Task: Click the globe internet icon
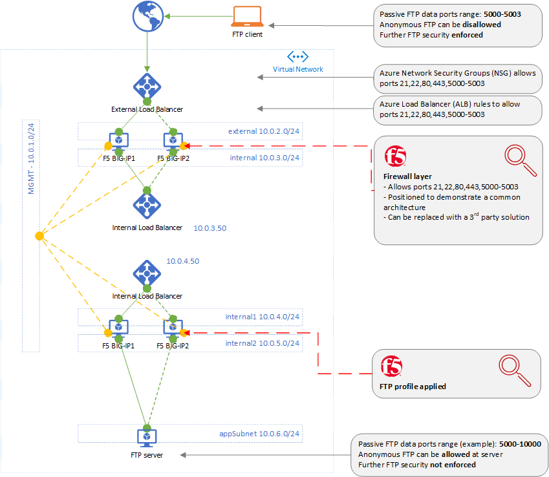[x=147, y=16]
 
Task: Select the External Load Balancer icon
[x=147, y=85]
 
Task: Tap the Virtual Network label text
[x=298, y=69]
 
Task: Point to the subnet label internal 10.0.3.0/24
[x=265, y=158]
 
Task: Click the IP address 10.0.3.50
[x=210, y=228]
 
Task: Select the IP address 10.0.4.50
[x=183, y=261]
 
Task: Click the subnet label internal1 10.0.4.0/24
[x=263, y=317]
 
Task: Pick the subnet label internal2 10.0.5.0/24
[x=263, y=343]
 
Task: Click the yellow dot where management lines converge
[x=39, y=235]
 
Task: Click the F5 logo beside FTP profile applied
[x=391, y=366]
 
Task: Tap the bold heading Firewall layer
[x=407, y=176]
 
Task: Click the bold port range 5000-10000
[x=520, y=444]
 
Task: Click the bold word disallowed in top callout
[x=480, y=25]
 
